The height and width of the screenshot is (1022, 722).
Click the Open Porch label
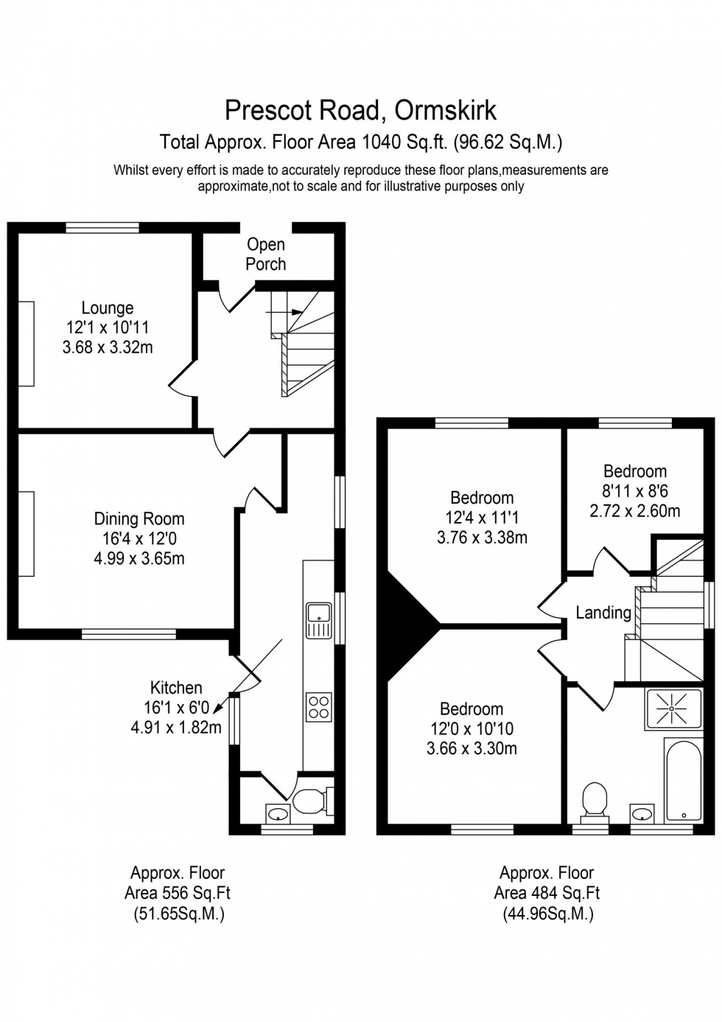[x=265, y=254]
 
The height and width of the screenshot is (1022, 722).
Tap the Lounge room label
[x=108, y=308]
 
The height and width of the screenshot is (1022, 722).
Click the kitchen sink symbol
[x=319, y=619]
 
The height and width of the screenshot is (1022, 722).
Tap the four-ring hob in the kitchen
[x=319, y=706]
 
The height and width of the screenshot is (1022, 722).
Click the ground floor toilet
[x=309, y=801]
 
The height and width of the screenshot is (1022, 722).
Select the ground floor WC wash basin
[x=278, y=814]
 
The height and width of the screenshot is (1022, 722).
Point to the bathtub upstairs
[x=684, y=780]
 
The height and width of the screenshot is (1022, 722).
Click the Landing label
[x=603, y=613]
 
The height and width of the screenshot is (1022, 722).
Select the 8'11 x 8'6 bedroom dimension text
[x=634, y=491]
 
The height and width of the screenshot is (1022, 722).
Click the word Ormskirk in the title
[x=445, y=110]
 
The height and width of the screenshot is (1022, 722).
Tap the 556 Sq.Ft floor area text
[x=177, y=893]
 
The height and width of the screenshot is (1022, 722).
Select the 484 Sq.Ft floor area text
[x=547, y=893]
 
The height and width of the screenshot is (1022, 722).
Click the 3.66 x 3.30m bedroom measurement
[x=472, y=748]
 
